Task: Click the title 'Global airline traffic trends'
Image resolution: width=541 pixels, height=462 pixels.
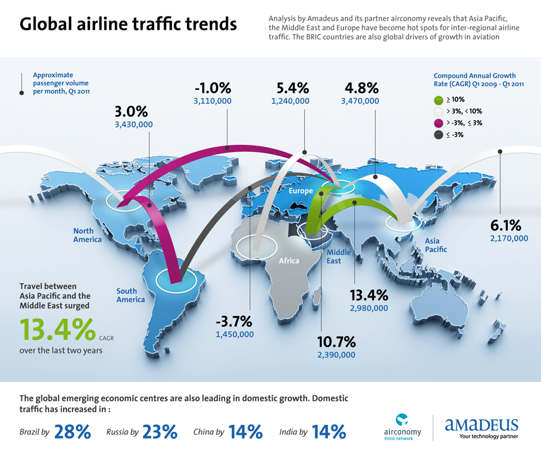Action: tap(128, 25)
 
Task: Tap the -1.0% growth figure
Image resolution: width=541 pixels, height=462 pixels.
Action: tap(213, 88)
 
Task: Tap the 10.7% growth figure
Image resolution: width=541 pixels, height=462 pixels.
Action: tap(337, 342)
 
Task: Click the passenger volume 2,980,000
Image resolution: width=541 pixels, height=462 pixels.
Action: tap(369, 308)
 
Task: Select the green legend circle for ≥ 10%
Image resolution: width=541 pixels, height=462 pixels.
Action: tap(438, 100)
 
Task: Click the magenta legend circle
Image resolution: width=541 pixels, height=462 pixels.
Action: tap(438, 123)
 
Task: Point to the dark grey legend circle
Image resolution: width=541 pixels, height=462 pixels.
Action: tap(438, 134)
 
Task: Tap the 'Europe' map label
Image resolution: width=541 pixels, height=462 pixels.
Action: tap(301, 191)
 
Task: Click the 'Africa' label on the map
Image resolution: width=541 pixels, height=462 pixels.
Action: tap(289, 261)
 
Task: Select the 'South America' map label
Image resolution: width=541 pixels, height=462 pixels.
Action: tap(131, 295)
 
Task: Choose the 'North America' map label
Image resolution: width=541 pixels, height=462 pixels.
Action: tap(87, 235)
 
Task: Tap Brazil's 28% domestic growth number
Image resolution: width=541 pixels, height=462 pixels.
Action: tap(72, 431)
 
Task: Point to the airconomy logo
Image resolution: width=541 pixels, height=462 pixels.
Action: tap(403, 427)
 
